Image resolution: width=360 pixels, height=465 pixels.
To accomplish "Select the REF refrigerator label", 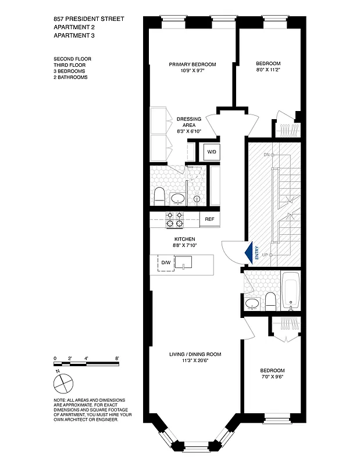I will pos(209,219).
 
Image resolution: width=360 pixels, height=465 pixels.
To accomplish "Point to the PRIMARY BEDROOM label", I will pos(193,64).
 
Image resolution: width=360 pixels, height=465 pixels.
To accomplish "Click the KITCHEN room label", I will pos(184,239).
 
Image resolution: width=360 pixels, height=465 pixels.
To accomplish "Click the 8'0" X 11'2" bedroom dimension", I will pos(269,70).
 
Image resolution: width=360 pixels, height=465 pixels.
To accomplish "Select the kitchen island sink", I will pos(184,263).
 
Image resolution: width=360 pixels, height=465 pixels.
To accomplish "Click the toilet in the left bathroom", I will pos(160,195).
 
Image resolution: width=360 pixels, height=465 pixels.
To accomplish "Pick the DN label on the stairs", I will pos(267,155).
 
